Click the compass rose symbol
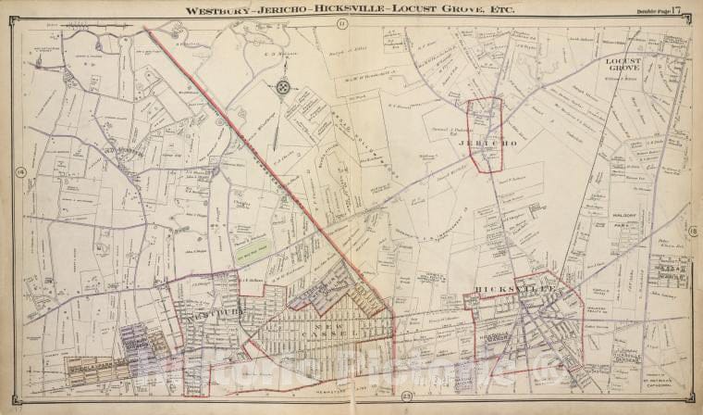(x=283, y=86)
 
